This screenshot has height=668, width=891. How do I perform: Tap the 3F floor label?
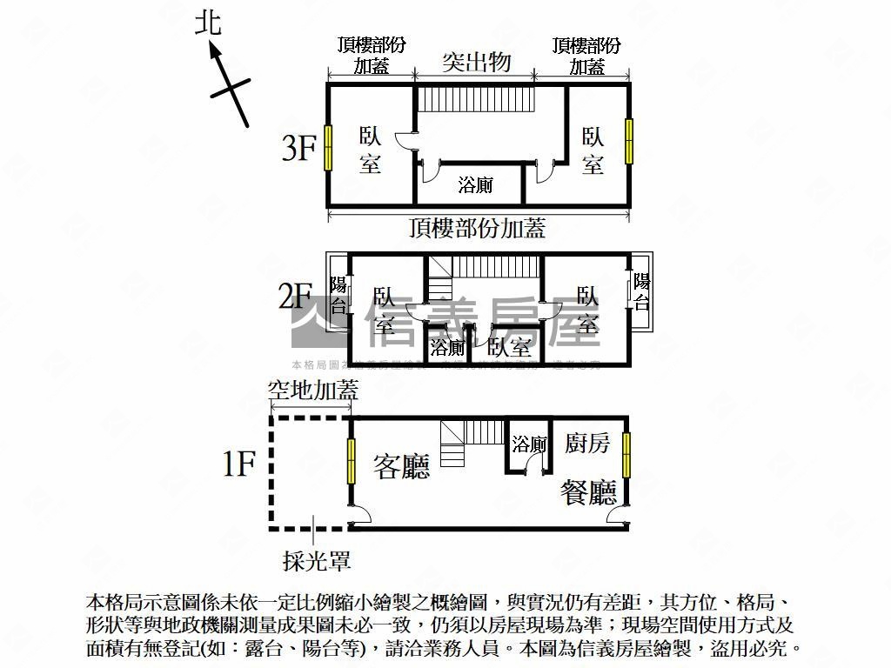298,149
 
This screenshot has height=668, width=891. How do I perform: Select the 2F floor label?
295,297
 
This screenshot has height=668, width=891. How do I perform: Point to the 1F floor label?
238,465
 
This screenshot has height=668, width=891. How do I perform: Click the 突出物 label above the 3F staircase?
475,62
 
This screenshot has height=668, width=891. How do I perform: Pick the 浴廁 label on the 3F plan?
476,184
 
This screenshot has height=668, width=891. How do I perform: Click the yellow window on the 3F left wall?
328,148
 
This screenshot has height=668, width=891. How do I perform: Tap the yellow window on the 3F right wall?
628,142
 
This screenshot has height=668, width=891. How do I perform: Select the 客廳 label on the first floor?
402,467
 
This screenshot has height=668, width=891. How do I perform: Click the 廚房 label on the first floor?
587,443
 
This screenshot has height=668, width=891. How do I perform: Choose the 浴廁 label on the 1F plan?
529,445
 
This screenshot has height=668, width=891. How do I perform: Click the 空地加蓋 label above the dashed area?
312,390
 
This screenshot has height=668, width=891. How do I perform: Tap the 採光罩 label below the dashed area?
317,561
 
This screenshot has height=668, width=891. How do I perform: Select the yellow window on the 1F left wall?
352,461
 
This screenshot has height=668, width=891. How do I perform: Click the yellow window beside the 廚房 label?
626,455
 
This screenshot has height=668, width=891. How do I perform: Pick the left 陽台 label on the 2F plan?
338,295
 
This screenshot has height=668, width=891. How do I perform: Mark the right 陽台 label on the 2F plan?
641,291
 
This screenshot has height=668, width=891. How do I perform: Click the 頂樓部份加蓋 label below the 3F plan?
477,228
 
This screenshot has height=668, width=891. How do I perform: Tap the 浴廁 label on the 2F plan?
448,349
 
